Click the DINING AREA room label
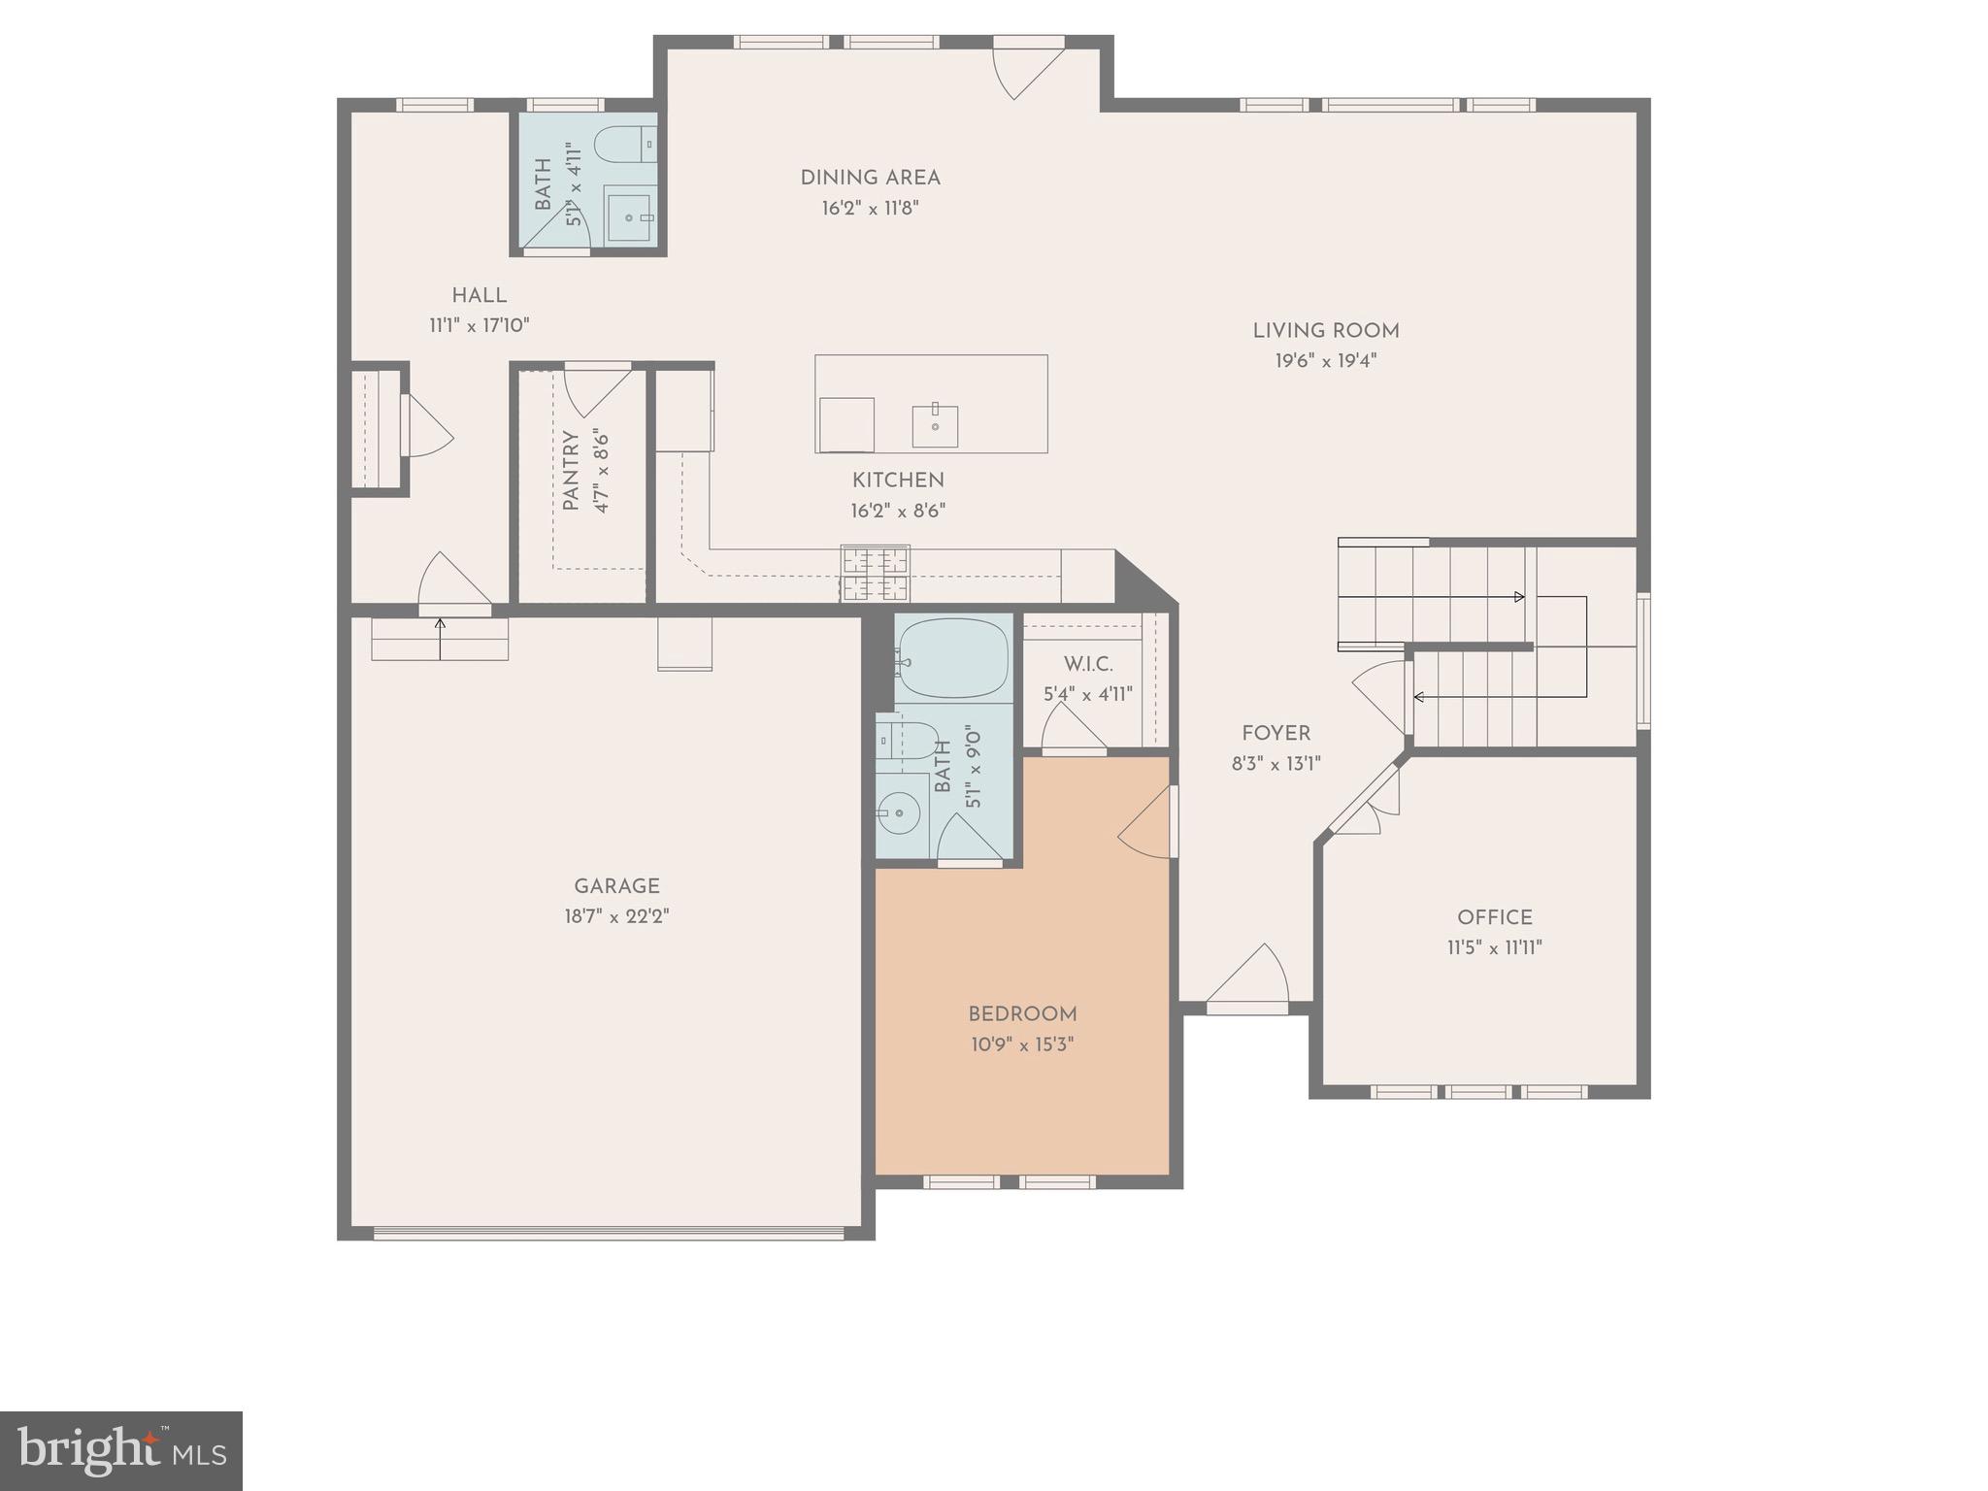870,178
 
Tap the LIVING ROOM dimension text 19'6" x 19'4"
1325,361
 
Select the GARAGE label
616,885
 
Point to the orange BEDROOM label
1022,1014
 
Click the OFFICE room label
1494,917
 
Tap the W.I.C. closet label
1087,665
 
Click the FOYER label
1276,734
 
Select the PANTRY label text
571,471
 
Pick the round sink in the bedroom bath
899,812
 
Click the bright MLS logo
121,1450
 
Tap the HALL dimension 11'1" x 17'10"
480,325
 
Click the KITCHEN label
898,480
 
